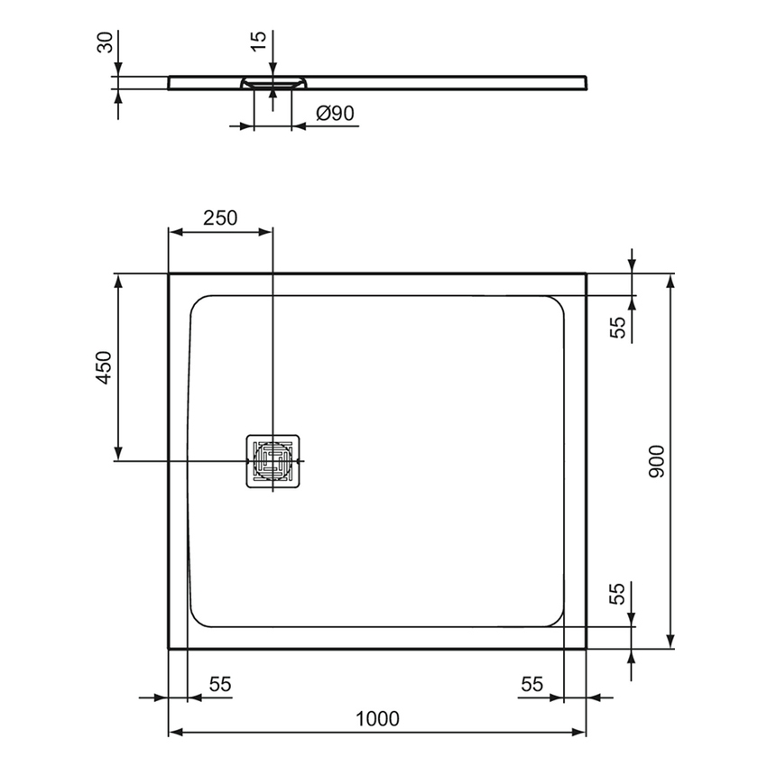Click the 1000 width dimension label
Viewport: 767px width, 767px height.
(x=377, y=718)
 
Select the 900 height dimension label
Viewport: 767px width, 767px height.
(x=656, y=461)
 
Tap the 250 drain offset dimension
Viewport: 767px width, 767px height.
(x=219, y=217)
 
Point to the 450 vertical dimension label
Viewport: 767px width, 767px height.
(x=104, y=367)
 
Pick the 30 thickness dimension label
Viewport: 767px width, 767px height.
(x=106, y=42)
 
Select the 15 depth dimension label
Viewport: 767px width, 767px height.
(x=259, y=42)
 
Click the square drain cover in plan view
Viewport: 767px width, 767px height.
(x=273, y=461)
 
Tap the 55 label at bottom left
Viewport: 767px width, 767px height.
(x=220, y=685)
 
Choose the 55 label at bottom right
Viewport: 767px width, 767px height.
(x=531, y=685)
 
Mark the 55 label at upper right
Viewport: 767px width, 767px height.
(x=618, y=327)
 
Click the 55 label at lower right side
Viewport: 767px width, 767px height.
(x=618, y=594)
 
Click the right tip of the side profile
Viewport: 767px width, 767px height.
(x=590, y=81)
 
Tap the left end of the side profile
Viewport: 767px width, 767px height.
(x=170, y=82)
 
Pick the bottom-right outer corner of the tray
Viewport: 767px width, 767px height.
(x=587, y=648)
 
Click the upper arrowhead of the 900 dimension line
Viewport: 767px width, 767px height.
(x=670, y=281)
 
